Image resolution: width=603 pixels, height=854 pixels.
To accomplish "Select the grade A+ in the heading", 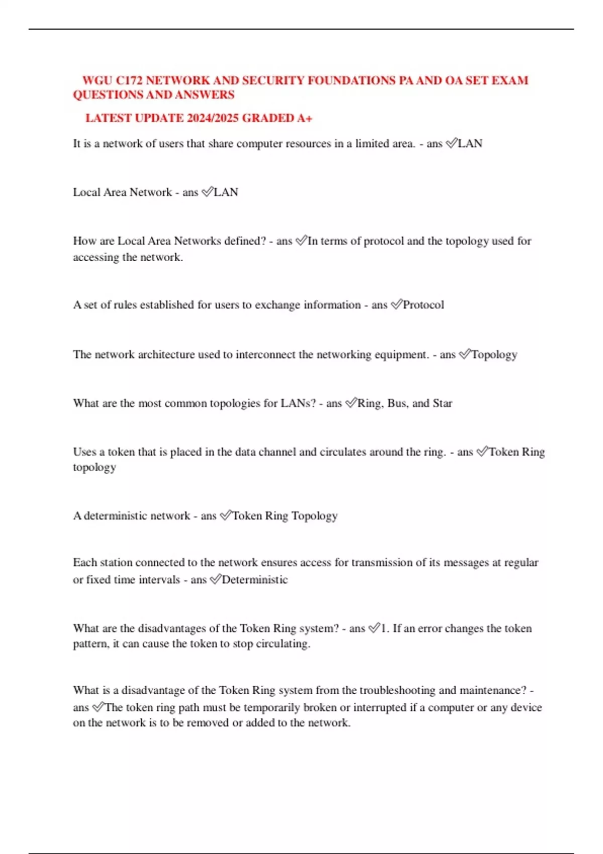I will [x=305, y=118].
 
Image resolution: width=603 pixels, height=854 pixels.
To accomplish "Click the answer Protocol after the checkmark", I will [x=424, y=305].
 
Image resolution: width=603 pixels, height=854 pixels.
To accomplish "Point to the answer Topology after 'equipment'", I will [x=494, y=355].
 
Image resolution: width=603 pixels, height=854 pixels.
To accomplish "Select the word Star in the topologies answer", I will [x=443, y=403].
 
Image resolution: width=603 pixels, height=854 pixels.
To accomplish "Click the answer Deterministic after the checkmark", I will [x=255, y=580].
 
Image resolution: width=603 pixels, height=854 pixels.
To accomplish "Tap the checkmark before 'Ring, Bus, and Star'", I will [x=351, y=403].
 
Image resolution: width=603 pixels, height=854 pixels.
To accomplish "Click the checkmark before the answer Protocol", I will [x=396, y=304].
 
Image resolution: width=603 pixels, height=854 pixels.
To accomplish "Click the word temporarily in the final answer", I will [x=272, y=708].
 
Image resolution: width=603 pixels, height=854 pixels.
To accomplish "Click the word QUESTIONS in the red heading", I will [x=108, y=94].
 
